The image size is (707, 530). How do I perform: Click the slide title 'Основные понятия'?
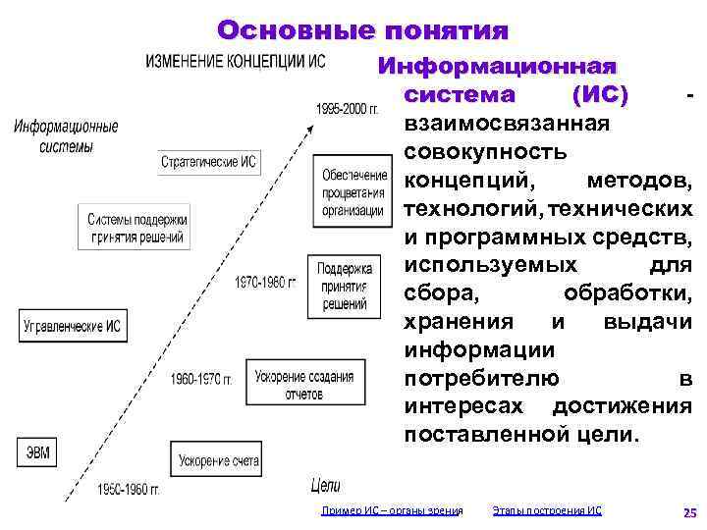pos(362,31)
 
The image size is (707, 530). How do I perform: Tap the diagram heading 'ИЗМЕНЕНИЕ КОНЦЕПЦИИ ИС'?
pos(236,61)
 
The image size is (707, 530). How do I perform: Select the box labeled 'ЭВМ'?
pos(37,452)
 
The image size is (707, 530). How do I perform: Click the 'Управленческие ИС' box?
pos(72,326)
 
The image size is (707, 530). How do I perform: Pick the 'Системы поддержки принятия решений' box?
pos(136,228)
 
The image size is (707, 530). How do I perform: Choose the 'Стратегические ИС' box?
pos(209,163)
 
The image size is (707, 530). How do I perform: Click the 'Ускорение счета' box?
pos(219,460)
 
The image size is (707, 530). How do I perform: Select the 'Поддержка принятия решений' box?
pos(344,286)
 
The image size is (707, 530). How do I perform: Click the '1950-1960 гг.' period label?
pos(129,489)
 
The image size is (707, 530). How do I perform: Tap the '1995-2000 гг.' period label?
pos(346,108)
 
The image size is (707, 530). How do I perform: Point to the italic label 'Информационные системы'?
pos(67,136)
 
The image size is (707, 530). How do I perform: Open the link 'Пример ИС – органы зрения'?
pos(392,510)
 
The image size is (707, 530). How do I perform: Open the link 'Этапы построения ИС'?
pos(547,510)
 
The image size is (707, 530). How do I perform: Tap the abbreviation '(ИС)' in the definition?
pos(599,96)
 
